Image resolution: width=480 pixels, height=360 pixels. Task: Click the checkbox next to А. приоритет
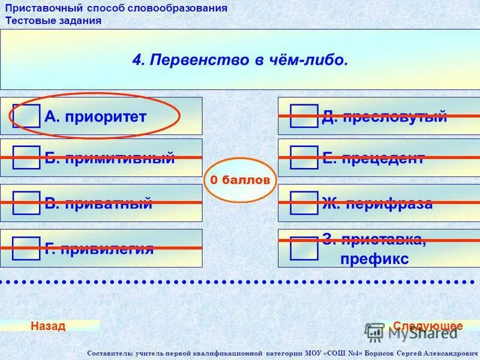26,116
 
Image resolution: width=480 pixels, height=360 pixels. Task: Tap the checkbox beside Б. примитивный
26,158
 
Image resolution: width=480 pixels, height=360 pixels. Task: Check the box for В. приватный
26,203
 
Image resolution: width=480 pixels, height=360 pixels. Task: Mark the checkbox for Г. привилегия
26,248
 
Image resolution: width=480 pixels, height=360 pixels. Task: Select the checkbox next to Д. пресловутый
304,116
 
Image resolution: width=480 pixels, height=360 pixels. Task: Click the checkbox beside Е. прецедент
304,158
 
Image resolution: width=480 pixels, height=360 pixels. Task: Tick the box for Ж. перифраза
304,203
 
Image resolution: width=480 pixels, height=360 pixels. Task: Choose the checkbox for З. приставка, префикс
304,248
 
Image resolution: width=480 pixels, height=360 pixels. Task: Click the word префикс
374,259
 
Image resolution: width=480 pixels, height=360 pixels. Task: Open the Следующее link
428,326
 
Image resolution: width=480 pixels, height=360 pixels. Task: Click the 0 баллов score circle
240,180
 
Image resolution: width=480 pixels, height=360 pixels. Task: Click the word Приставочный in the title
46,8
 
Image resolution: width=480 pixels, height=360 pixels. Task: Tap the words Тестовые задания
53,20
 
